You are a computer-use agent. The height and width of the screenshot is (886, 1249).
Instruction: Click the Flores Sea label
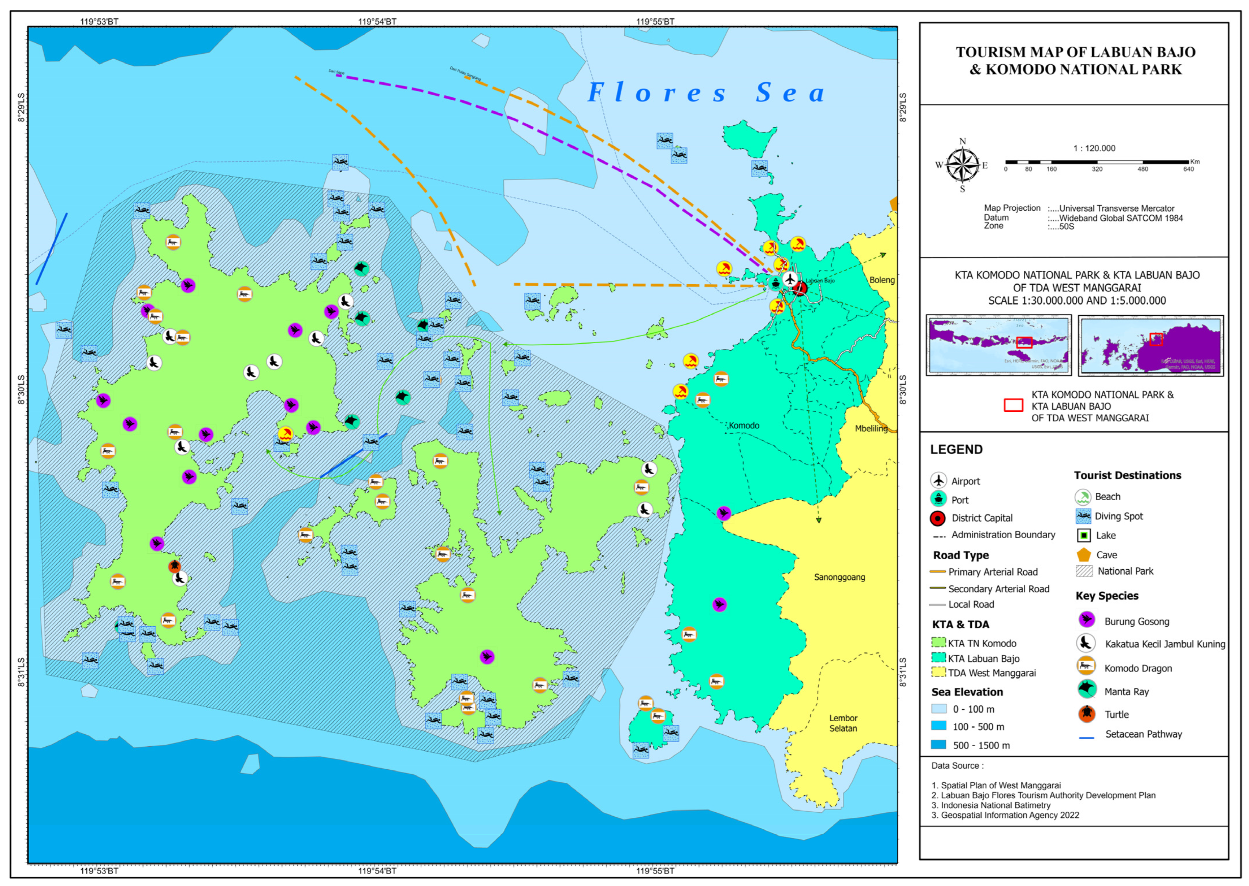706,93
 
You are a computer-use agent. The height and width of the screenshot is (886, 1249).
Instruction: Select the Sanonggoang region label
839,577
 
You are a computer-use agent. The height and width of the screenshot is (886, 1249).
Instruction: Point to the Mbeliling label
871,429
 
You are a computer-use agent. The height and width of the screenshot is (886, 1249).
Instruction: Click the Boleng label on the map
881,280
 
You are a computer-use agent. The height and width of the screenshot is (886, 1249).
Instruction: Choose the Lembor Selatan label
843,723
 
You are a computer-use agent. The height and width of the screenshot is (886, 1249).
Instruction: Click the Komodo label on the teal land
744,425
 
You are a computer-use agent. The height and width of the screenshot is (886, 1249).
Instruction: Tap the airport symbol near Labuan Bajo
789,279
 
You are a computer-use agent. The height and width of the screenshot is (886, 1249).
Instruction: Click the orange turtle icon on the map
174,566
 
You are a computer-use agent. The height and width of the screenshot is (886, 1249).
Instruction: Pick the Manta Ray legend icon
1087,690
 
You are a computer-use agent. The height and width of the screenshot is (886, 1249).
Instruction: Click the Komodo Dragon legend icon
1086,666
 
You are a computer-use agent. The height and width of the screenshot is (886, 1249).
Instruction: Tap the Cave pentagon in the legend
1083,555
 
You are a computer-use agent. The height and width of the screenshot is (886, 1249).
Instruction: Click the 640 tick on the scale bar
1188,163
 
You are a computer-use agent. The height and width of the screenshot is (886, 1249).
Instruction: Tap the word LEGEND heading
956,450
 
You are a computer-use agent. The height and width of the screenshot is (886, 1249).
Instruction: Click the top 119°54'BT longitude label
377,22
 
